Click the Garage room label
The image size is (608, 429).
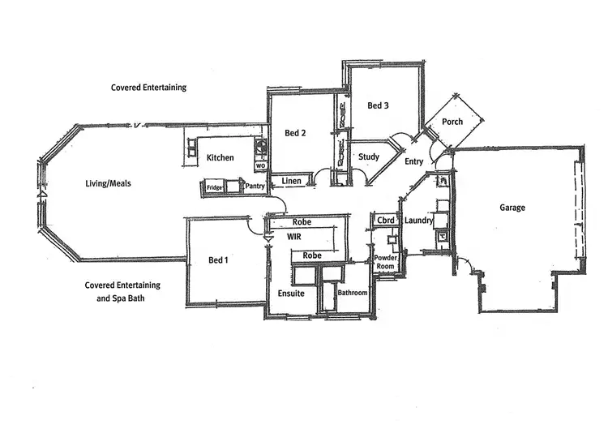(x=512, y=208)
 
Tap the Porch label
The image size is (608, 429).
(x=452, y=122)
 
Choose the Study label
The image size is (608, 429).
(x=369, y=157)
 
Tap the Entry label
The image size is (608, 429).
(x=413, y=161)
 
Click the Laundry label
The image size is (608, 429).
(x=418, y=220)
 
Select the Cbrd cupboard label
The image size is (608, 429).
(x=385, y=220)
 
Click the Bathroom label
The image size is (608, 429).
(x=353, y=292)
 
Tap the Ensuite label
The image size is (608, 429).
(x=290, y=293)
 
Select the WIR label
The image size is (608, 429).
(x=294, y=237)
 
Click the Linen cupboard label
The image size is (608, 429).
(x=293, y=181)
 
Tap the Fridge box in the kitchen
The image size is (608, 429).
(x=214, y=187)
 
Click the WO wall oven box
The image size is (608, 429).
(x=260, y=165)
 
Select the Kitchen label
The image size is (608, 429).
(x=220, y=157)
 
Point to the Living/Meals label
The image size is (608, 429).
(x=108, y=183)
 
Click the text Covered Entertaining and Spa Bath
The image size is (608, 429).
(x=122, y=292)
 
